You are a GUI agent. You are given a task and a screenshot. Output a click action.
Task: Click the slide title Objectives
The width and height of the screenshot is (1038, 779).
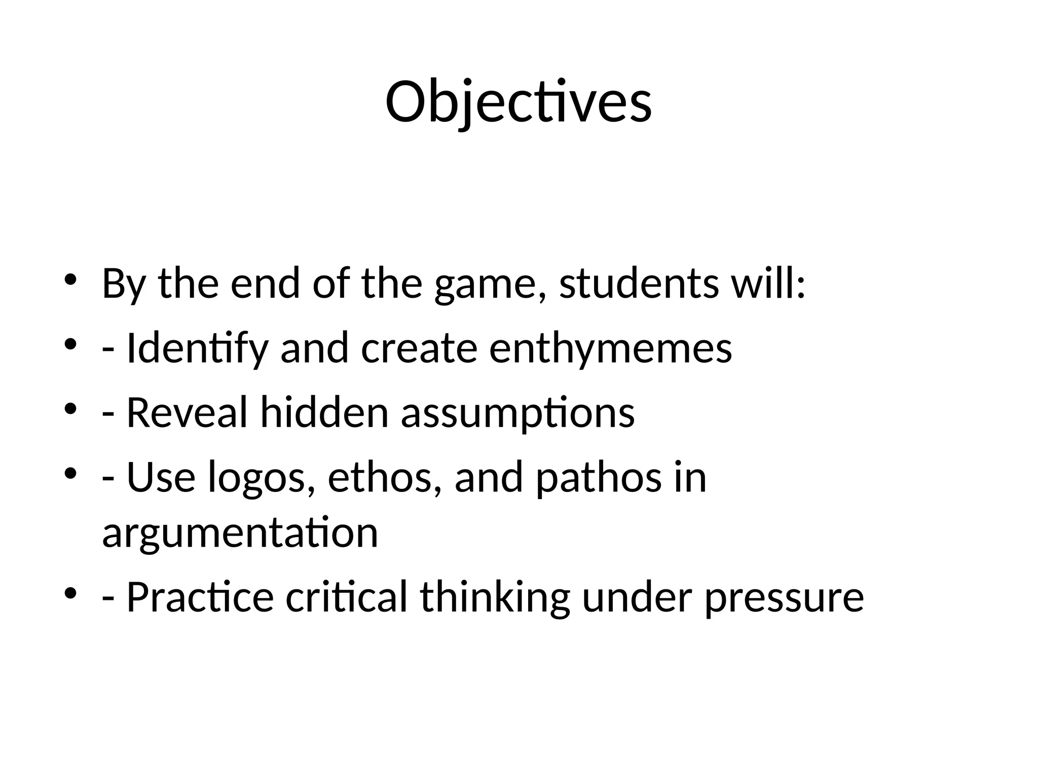point(518,103)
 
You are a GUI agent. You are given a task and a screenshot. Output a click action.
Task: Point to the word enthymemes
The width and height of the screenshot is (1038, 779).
point(610,349)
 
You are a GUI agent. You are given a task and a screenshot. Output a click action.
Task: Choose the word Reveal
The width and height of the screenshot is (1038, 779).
point(187,412)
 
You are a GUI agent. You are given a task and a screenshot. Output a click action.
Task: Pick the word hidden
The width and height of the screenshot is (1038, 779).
point(324,412)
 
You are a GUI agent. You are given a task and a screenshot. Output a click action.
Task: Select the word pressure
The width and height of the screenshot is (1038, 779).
point(784,598)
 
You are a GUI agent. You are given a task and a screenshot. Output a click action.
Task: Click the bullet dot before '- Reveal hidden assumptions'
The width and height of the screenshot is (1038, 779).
point(70,408)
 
